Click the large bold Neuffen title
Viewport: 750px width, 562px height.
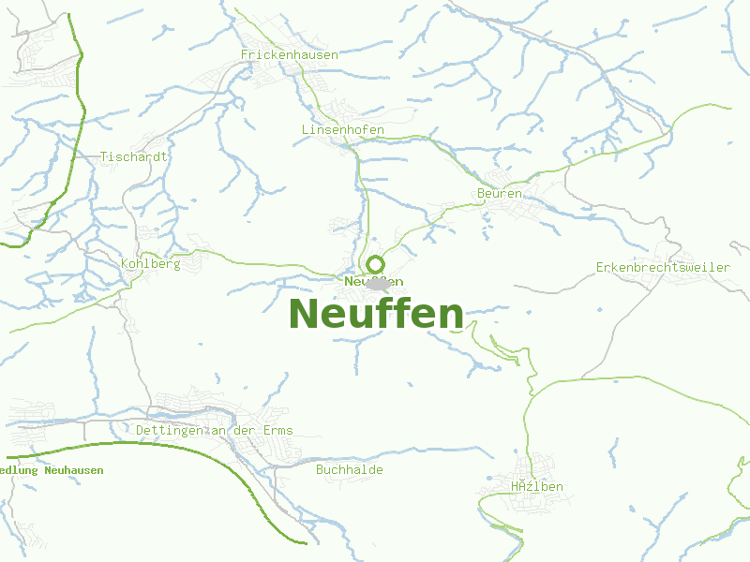(376, 314)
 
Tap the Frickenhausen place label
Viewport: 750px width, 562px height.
(289, 55)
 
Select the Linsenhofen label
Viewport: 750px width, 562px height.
(343, 128)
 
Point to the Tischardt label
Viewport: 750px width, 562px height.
(134, 156)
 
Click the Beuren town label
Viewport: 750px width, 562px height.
(499, 193)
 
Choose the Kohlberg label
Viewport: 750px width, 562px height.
(150, 264)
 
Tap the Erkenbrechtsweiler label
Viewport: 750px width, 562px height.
(663, 267)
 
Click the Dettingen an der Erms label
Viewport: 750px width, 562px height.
(214, 431)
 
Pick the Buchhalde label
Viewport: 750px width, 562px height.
(350, 469)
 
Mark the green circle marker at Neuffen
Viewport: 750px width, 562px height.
(376, 264)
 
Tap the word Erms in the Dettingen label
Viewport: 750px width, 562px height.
(277, 431)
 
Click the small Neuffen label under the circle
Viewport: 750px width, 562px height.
(373, 281)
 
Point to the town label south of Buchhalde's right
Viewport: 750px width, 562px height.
(537, 487)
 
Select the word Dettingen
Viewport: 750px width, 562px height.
(170, 431)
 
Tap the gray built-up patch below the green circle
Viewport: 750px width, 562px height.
(379, 284)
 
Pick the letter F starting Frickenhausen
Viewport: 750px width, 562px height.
(245, 55)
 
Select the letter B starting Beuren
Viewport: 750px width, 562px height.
(480, 193)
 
